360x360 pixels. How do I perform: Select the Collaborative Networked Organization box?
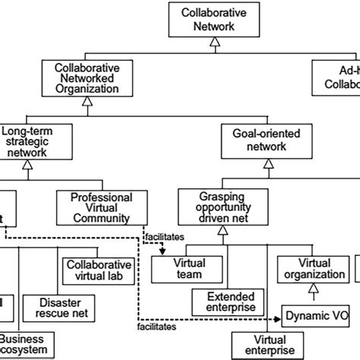[x=87, y=77]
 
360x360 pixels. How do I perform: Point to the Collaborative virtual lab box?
[x=97, y=271]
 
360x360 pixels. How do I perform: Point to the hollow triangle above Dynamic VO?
[x=310, y=292]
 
